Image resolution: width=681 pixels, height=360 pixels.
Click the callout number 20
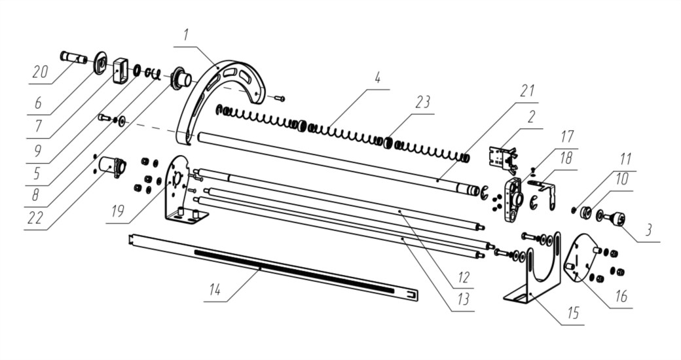click(40, 72)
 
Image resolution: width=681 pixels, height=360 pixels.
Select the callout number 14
click(215, 289)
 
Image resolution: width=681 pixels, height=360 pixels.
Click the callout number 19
click(117, 211)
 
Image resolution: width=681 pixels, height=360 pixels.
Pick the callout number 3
click(648, 229)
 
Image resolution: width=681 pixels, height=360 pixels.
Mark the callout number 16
click(621, 296)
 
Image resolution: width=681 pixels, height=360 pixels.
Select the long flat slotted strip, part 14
click(274, 265)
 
